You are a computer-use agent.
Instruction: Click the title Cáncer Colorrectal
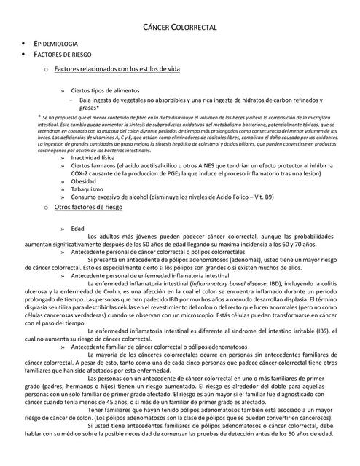179,27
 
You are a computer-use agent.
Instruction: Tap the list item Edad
77,229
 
